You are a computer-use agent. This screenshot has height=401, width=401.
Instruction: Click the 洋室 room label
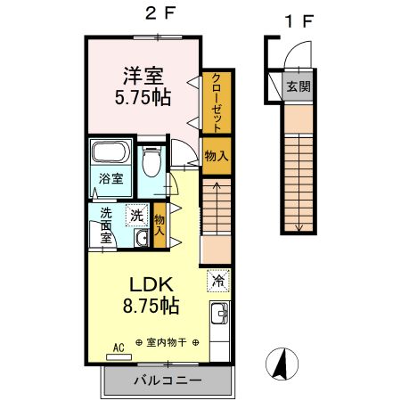click(143, 76)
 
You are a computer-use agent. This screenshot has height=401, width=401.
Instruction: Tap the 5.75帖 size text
click(143, 97)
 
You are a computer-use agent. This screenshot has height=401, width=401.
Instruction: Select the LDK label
click(151, 284)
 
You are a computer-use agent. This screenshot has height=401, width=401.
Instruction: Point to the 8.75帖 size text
click(151, 306)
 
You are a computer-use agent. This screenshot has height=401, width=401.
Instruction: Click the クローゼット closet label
click(217, 102)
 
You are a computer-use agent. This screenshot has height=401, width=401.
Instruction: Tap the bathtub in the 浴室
click(110, 151)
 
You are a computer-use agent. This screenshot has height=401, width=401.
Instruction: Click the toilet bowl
click(151, 162)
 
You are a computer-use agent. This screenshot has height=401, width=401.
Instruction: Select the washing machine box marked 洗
click(137, 216)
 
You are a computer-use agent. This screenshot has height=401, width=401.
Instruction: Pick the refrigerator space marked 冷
click(218, 281)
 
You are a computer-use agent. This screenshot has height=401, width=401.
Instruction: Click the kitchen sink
click(220, 314)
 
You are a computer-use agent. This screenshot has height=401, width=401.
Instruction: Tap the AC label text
click(119, 348)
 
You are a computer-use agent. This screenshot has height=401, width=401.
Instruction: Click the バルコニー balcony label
click(168, 381)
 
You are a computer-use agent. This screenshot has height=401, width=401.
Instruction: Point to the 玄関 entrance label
click(299, 86)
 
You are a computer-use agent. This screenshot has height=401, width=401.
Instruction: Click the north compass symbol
click(282, 364)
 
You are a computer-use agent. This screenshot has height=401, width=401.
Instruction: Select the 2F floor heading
click(160, 13)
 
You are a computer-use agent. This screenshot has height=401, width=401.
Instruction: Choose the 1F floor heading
click(299, 21)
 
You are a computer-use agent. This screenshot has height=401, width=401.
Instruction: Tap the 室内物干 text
click(167, 342)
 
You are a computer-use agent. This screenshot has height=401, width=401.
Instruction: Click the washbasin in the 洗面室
click(142, 238)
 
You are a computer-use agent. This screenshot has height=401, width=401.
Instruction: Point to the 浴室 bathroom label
click(110, 179)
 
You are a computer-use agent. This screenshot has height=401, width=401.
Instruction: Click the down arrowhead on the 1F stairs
click(299, 228)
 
